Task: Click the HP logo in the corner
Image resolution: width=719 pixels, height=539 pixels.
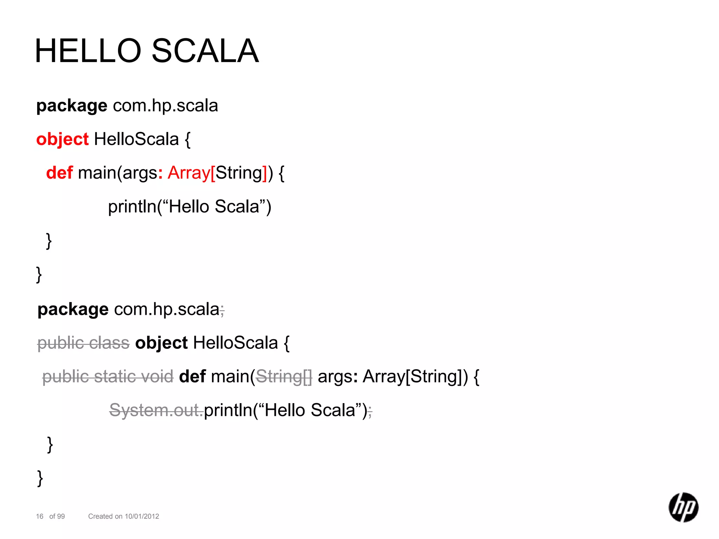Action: point(683,507)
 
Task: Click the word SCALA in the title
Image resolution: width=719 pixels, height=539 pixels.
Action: point(205,51)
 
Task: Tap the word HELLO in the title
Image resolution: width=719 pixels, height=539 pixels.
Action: point(88,51)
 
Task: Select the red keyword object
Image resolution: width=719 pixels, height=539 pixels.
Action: point(62,139)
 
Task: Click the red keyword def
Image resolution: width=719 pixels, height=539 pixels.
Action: point(59,173)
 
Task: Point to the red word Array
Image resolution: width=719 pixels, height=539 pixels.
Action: point(189,173)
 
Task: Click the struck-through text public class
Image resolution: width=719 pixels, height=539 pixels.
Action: point(84,343)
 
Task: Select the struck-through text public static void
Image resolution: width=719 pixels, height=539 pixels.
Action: point(108,377)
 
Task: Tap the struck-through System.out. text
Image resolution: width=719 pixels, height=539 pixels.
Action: point(156,410)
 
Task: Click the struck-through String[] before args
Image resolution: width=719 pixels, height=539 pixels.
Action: point(284,377)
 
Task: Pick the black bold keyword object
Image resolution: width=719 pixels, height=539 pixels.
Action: point(161,343)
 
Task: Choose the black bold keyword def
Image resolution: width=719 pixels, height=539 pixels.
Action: point(192,377)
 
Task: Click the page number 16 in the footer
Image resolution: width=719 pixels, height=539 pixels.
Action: point(40,516)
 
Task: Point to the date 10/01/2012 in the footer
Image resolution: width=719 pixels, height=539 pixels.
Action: point(142,516)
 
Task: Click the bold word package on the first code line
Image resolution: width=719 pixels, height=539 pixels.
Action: point(72,106)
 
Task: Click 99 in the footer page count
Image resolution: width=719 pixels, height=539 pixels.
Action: point(61,516)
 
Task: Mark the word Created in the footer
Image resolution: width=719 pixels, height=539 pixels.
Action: point(100,516)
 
